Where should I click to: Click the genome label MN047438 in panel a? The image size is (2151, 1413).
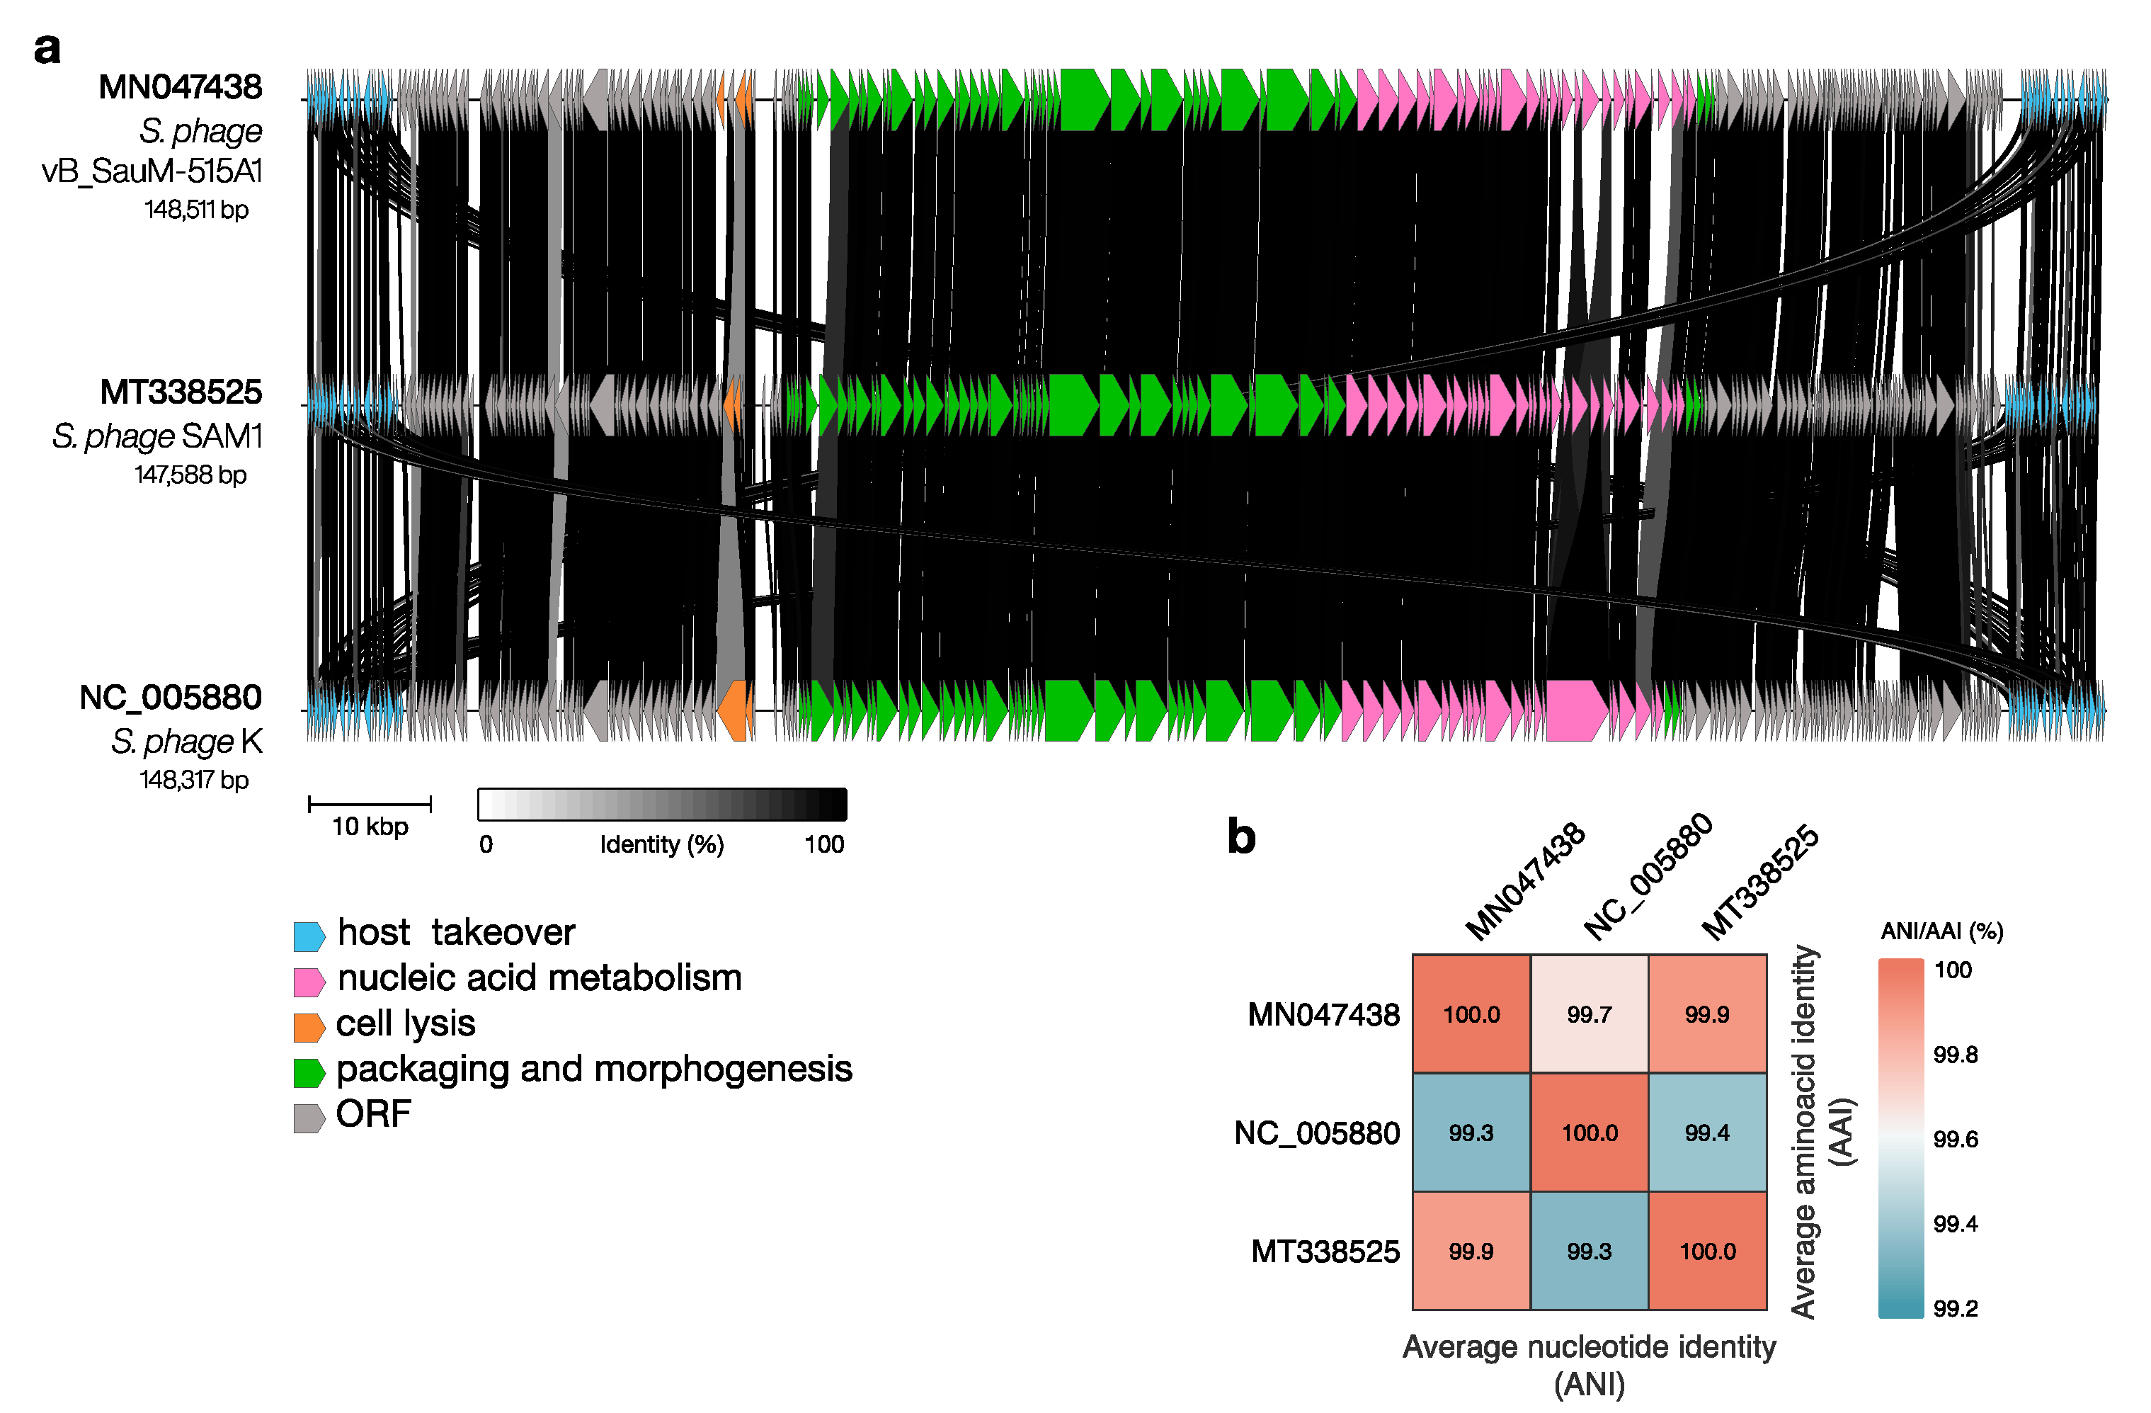point(180,87)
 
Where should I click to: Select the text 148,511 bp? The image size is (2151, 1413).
point(196,210)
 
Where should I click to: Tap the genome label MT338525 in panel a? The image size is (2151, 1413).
point(181,392)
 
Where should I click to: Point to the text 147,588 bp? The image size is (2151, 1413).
point(190,475)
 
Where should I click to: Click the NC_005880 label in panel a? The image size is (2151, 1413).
point(170,698)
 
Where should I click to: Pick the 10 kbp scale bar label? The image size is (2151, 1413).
point(370,827)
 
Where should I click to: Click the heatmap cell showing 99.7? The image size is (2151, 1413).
point(1589,1014)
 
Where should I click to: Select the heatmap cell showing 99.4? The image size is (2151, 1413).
point(1707,1133)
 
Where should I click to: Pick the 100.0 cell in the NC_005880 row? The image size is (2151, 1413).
point(1589,1133)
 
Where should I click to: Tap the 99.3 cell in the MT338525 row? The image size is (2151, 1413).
point(1589,1252)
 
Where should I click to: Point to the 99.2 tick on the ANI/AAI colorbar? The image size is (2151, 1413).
point(1955,1308)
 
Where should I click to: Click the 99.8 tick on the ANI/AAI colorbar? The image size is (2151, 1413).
point(1955,1054)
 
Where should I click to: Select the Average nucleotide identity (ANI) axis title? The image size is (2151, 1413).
point(1589,1365)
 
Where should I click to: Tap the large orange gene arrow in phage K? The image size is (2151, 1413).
point(735,710)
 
